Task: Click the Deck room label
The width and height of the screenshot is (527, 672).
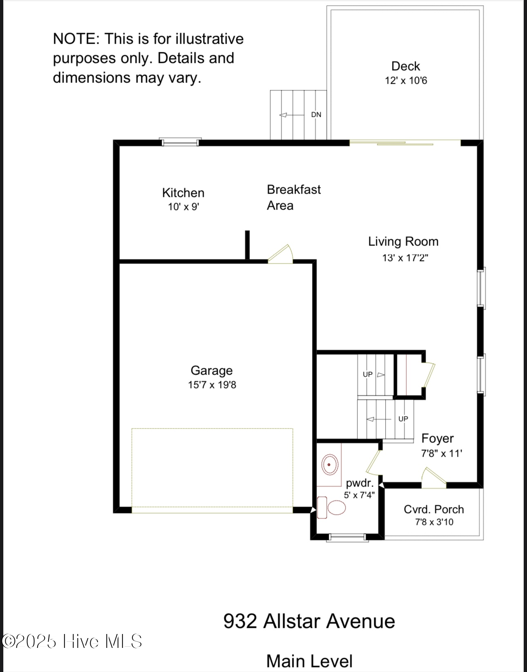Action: [405, 66]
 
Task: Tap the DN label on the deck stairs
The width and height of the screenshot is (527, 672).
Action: [316, 115]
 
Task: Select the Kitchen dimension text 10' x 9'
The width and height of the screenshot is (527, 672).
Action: [183, 207]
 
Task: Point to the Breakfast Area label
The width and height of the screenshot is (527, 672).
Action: [293, 197]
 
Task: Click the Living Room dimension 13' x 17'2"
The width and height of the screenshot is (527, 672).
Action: [405, 258]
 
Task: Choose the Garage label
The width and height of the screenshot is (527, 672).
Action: [212, 371]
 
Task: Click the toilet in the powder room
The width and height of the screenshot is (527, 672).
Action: [331, 507]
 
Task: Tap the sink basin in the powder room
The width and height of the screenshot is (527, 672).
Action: [329, 464]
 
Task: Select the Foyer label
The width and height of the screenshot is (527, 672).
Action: [438, 438]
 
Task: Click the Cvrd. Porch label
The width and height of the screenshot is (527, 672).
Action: [434, 509]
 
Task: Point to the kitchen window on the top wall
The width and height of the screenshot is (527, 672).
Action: [180, 142]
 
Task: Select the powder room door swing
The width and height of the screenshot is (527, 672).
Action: [374, 460]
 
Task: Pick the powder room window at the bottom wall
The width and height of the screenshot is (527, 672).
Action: [347, 538]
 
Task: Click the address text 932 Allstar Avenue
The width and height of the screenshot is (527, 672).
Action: [309, 621]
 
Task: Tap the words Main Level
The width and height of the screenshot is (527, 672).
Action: [309, 661]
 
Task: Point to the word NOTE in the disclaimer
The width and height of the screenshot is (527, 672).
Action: [76, 39]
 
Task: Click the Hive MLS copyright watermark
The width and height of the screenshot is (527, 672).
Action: [72, 641]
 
